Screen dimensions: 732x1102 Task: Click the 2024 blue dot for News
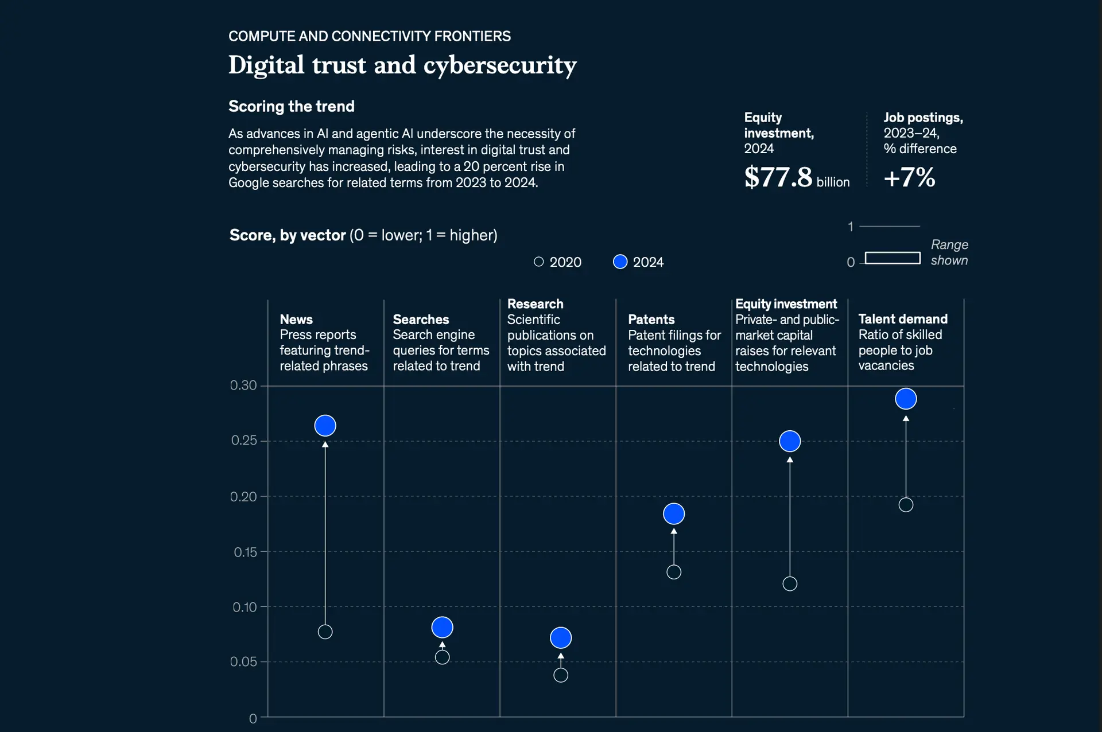click(x=325, y=426)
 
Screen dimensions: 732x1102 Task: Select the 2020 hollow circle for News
click(x=325, y=632)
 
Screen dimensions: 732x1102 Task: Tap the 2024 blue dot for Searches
click(x=442, y=627)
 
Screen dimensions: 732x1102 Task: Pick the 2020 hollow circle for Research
click(x=561, y=675)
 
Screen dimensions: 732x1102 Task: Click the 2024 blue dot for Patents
click(x=674, y=513)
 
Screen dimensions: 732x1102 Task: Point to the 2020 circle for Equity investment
click(x=790, y=584)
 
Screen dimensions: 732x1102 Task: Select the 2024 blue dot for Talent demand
click(x=906, y=399)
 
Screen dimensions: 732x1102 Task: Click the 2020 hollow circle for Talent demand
click(x=906, y=505)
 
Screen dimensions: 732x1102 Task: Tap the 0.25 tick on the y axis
click(x=244, y=440)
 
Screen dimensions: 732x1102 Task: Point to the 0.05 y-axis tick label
click(x=243, y=661)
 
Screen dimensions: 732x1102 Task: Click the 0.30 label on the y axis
click(x=243, y=385)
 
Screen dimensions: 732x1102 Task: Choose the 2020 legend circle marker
click(x=538, y=262)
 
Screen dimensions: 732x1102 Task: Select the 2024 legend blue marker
click(x=620, y=262)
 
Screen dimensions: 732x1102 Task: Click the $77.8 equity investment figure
click(x=778, y=177)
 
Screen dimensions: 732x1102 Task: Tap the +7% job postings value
click(x=909, y=177)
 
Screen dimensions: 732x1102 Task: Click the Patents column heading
click(x=651, y=319)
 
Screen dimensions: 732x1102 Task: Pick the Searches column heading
click(x=421, y=319)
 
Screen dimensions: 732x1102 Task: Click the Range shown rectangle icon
click(x=892, y=258)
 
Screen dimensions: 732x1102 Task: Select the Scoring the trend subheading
click(x=291, y=106)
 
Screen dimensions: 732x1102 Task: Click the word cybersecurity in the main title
click(x=499, y=65)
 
